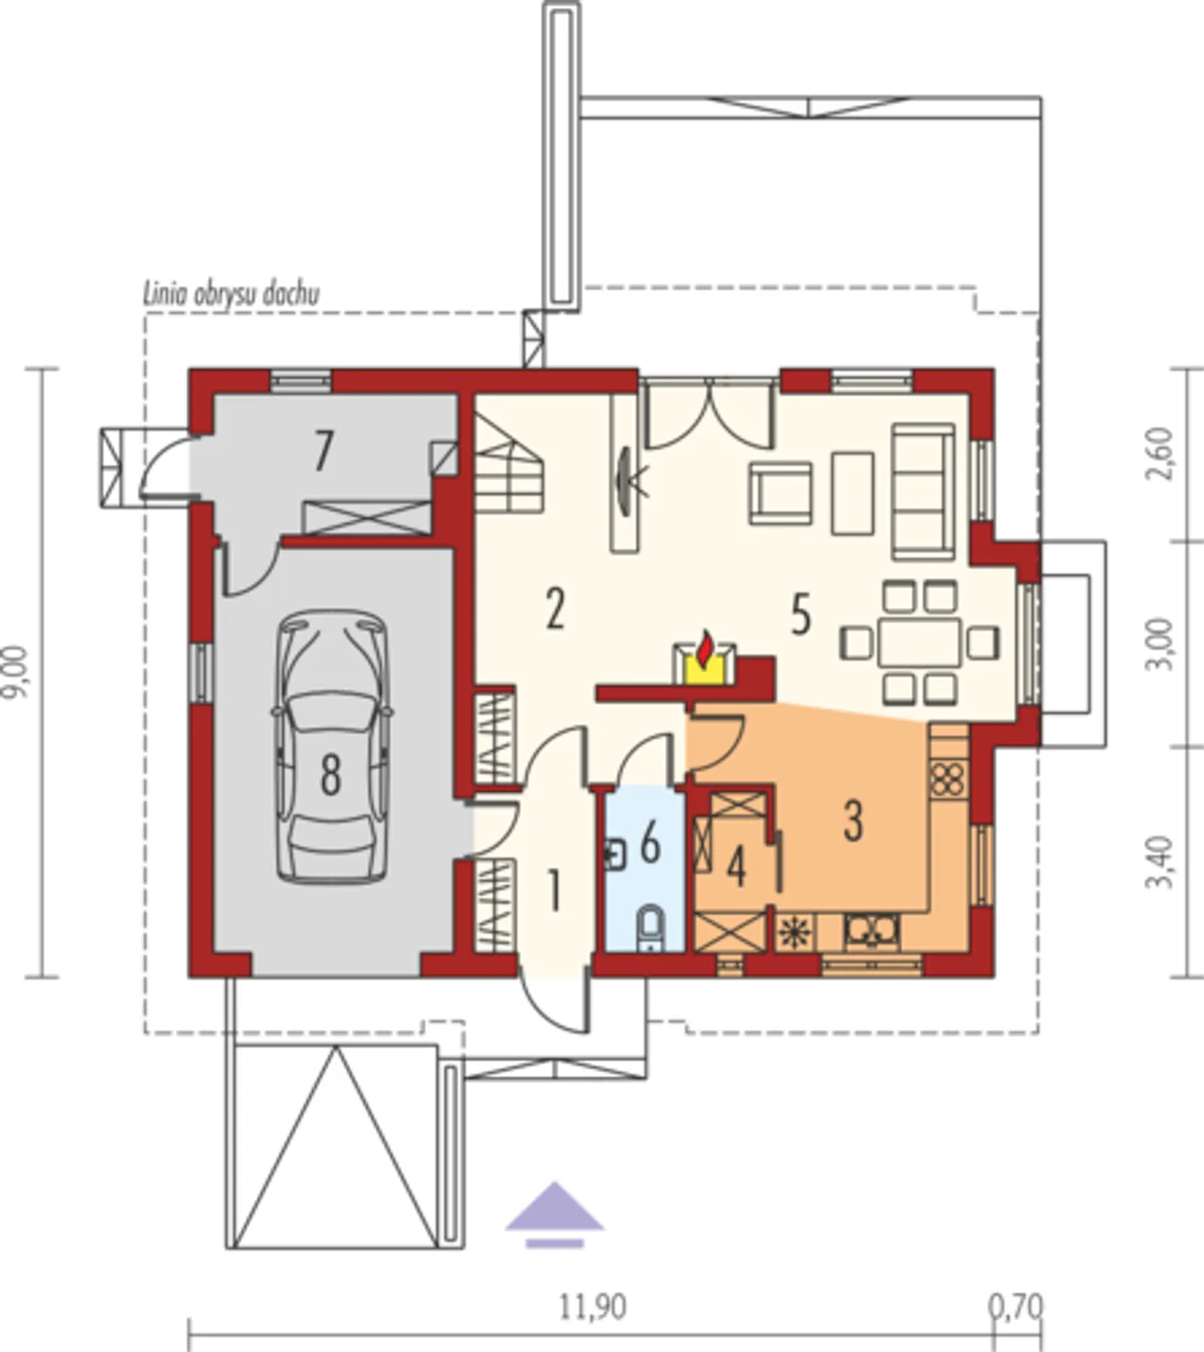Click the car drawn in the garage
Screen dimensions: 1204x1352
coord(332,747)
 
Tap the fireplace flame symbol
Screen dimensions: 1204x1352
coord(704,649)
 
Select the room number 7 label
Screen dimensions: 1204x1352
coord(323,451)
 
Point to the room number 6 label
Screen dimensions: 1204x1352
coord(650,842)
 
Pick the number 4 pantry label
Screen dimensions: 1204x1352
coord(736,868)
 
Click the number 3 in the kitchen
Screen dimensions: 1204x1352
coord(853,821)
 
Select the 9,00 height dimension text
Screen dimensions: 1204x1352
coord(16,672)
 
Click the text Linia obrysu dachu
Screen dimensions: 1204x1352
coord(231,294)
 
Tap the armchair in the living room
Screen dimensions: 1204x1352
coord(782,493)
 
